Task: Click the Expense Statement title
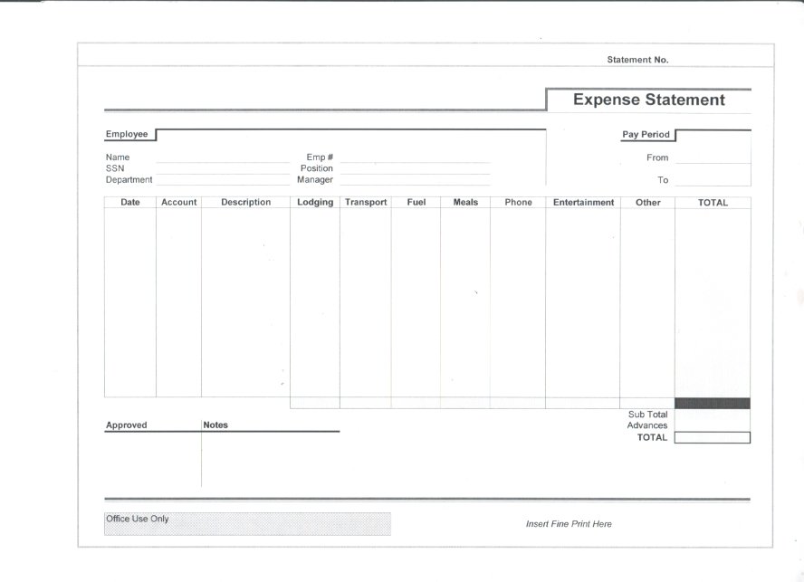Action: (x=648, y=100)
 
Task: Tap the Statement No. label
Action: (x=637, y=60)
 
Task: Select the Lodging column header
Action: (x=315, y=203)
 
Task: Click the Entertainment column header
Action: (x=583, y=203)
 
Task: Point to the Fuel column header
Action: (x=416, y=203)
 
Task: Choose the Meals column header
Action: (x=465, y=203)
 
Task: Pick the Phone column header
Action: (x=518, y=203)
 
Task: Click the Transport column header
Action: (x=366, y=203)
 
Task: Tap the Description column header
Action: (x=245, y=203)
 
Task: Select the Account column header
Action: (x=178, y=203)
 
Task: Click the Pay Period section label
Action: (x=646, y=135)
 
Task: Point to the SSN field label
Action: (x=115, y=168)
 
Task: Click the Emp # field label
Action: (x=320, y=157)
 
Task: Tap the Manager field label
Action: (x=314, y=179)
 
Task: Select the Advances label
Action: (x=646, y=425)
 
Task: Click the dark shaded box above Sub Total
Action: (x=712, y=403)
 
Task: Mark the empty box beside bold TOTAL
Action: (x=712, y=438)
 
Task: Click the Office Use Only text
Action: (x=138, y=519)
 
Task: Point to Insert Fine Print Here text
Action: (x=569, y=524)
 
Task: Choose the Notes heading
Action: (x=215, y=425)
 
